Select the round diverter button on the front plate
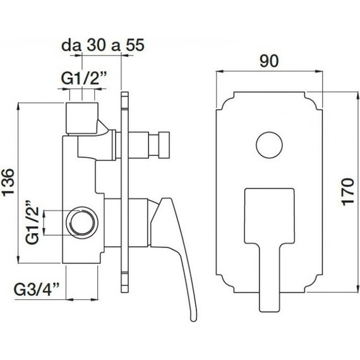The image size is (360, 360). click(270, 144)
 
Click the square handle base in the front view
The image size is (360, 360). click(270, 215)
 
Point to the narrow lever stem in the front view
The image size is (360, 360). click(270, 278)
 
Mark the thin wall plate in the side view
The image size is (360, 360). click(124, 189)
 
